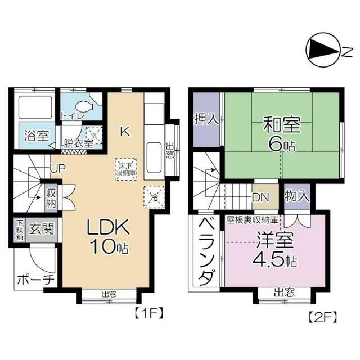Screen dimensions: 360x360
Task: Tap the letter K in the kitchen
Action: tap(125, 132)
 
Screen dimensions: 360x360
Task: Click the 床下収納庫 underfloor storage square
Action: tap(125, 168)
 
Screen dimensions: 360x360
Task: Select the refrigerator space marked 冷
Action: tap(154, 196)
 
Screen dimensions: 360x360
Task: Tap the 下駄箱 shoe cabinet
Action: tap(19, 229)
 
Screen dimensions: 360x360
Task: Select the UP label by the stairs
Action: tap(57, 168)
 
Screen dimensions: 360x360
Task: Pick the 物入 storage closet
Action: tap(296, 196)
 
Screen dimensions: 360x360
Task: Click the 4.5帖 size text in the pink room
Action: tap(275, 260)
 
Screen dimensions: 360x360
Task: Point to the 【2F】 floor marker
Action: tap(322, 317)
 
